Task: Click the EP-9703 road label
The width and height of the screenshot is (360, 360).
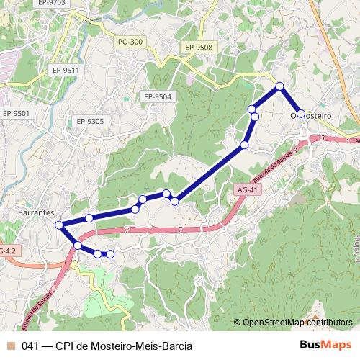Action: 50,3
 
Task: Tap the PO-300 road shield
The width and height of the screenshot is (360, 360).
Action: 130,42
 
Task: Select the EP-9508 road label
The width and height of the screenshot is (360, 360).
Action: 198,48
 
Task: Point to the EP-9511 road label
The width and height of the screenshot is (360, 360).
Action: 65,70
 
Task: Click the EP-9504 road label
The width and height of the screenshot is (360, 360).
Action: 158,96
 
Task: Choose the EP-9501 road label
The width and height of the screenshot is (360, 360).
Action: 16,113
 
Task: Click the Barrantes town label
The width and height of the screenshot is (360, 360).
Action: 35,213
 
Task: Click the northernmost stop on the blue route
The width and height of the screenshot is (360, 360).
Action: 280,86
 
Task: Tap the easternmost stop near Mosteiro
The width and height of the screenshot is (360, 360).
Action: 301,114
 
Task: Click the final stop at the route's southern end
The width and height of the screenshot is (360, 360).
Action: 110,254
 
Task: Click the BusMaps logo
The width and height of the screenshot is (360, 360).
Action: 325,346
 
